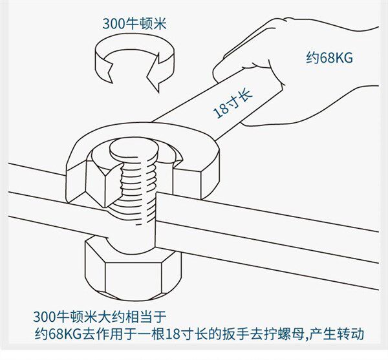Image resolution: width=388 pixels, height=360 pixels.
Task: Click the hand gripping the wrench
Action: click(304, 71)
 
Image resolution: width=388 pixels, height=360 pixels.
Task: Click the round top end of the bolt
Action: click(135, 148)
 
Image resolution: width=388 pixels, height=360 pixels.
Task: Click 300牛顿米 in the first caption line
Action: click(65, 317)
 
